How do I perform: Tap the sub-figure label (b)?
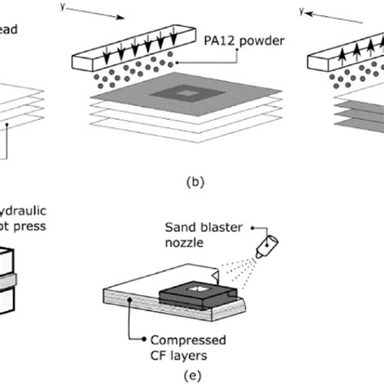point(192,183)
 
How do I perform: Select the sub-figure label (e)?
point(191,374)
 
